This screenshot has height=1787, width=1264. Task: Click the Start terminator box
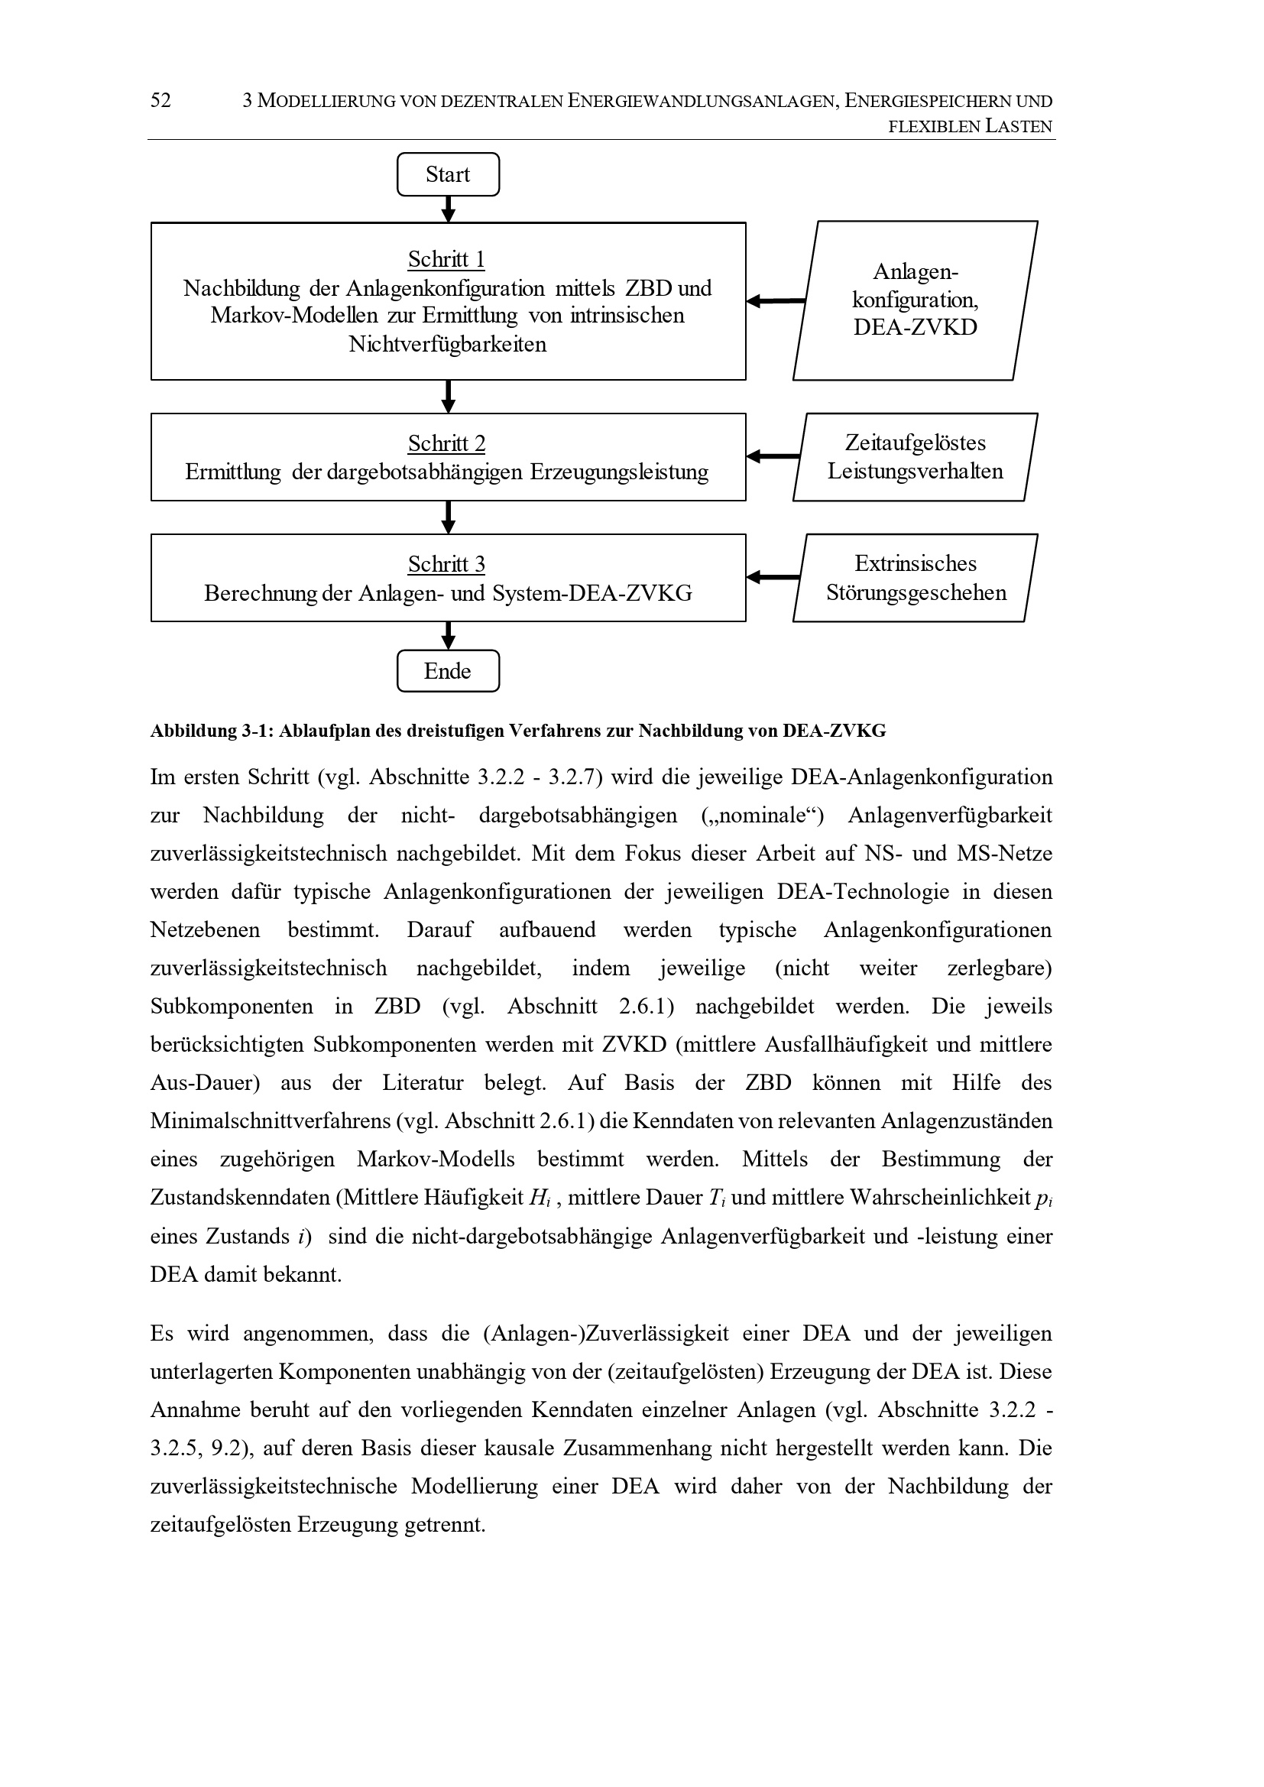click(x=448, y=174)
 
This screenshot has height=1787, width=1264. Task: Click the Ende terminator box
click(x=448, y=671)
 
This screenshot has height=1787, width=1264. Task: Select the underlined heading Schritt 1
click(x=446, y=259)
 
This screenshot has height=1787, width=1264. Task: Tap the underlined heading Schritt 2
click(x=446, y=443)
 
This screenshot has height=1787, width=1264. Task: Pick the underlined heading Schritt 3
click(x=446, y=564)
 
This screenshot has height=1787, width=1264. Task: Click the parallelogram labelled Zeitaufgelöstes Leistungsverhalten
click(x=915, y=457)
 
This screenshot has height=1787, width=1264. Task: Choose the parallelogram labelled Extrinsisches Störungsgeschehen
click(x=916, y=579)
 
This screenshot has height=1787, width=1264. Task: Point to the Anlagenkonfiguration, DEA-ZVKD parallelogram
click(x=916, y=300)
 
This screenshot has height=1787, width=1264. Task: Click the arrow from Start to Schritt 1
click(x=449, y=209)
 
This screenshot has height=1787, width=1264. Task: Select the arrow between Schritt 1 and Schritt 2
click(x=449, y=397)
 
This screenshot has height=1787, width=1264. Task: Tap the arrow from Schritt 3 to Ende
click(x=449, y=636)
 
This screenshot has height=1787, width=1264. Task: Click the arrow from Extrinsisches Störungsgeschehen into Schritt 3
click(x=773, y=578)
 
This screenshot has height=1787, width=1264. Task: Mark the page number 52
click(x=160, y=100)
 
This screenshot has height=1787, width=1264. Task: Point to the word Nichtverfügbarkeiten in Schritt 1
click(x=448, y=344)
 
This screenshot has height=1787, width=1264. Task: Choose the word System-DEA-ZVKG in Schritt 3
click(x=591, y=594)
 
